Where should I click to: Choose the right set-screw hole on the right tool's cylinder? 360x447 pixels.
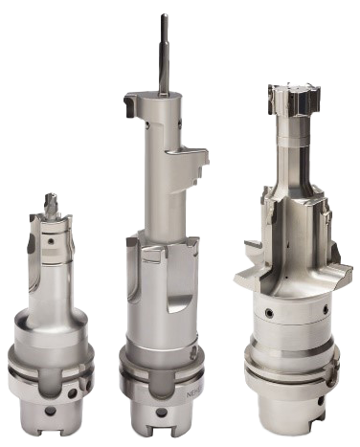326,311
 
